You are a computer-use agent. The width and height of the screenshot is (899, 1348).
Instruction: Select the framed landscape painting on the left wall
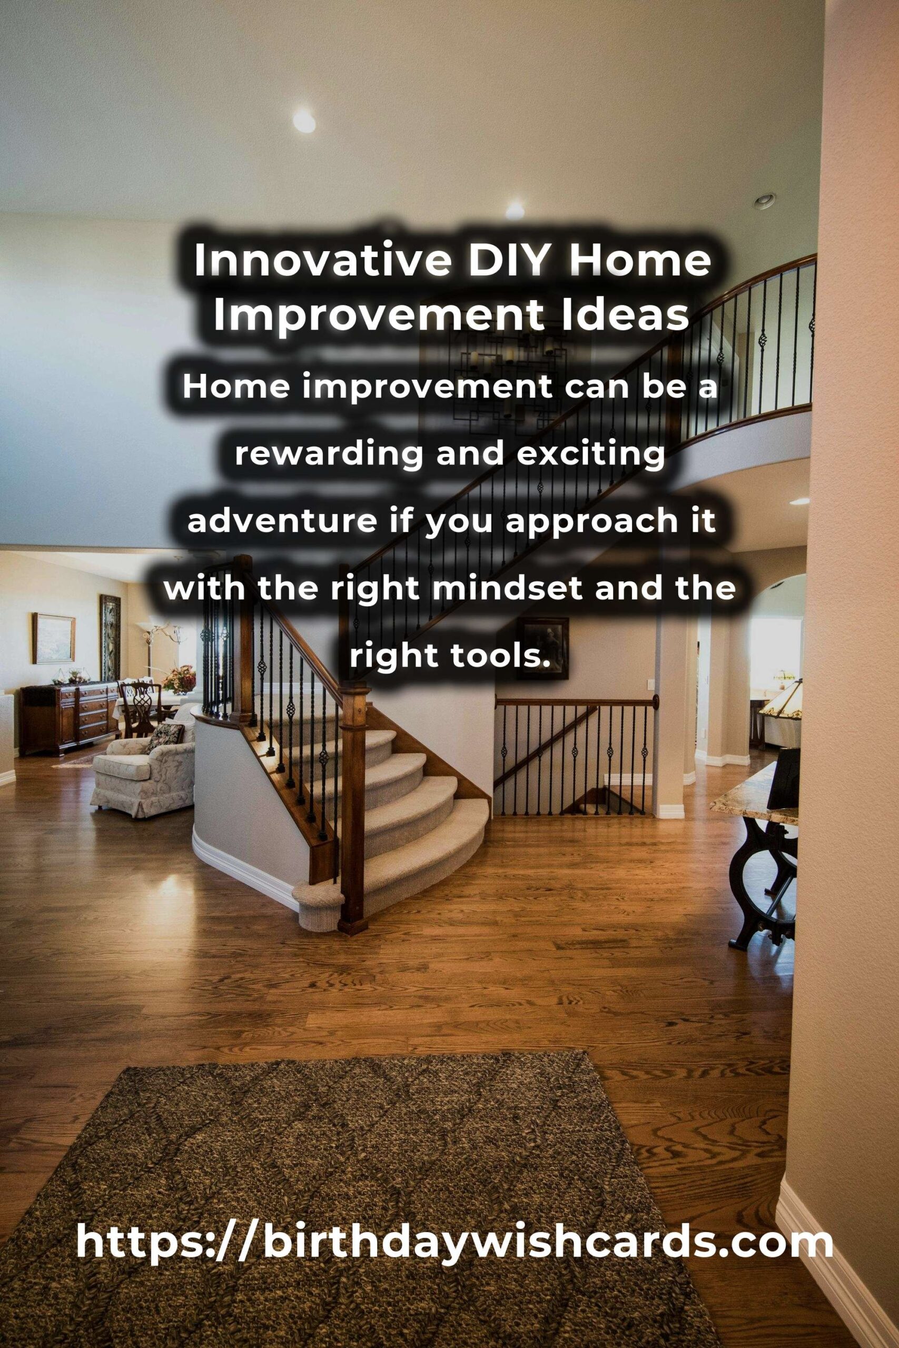[x=53, y=638]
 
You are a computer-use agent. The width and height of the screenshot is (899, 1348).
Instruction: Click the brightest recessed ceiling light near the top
[x=304, y=121]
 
